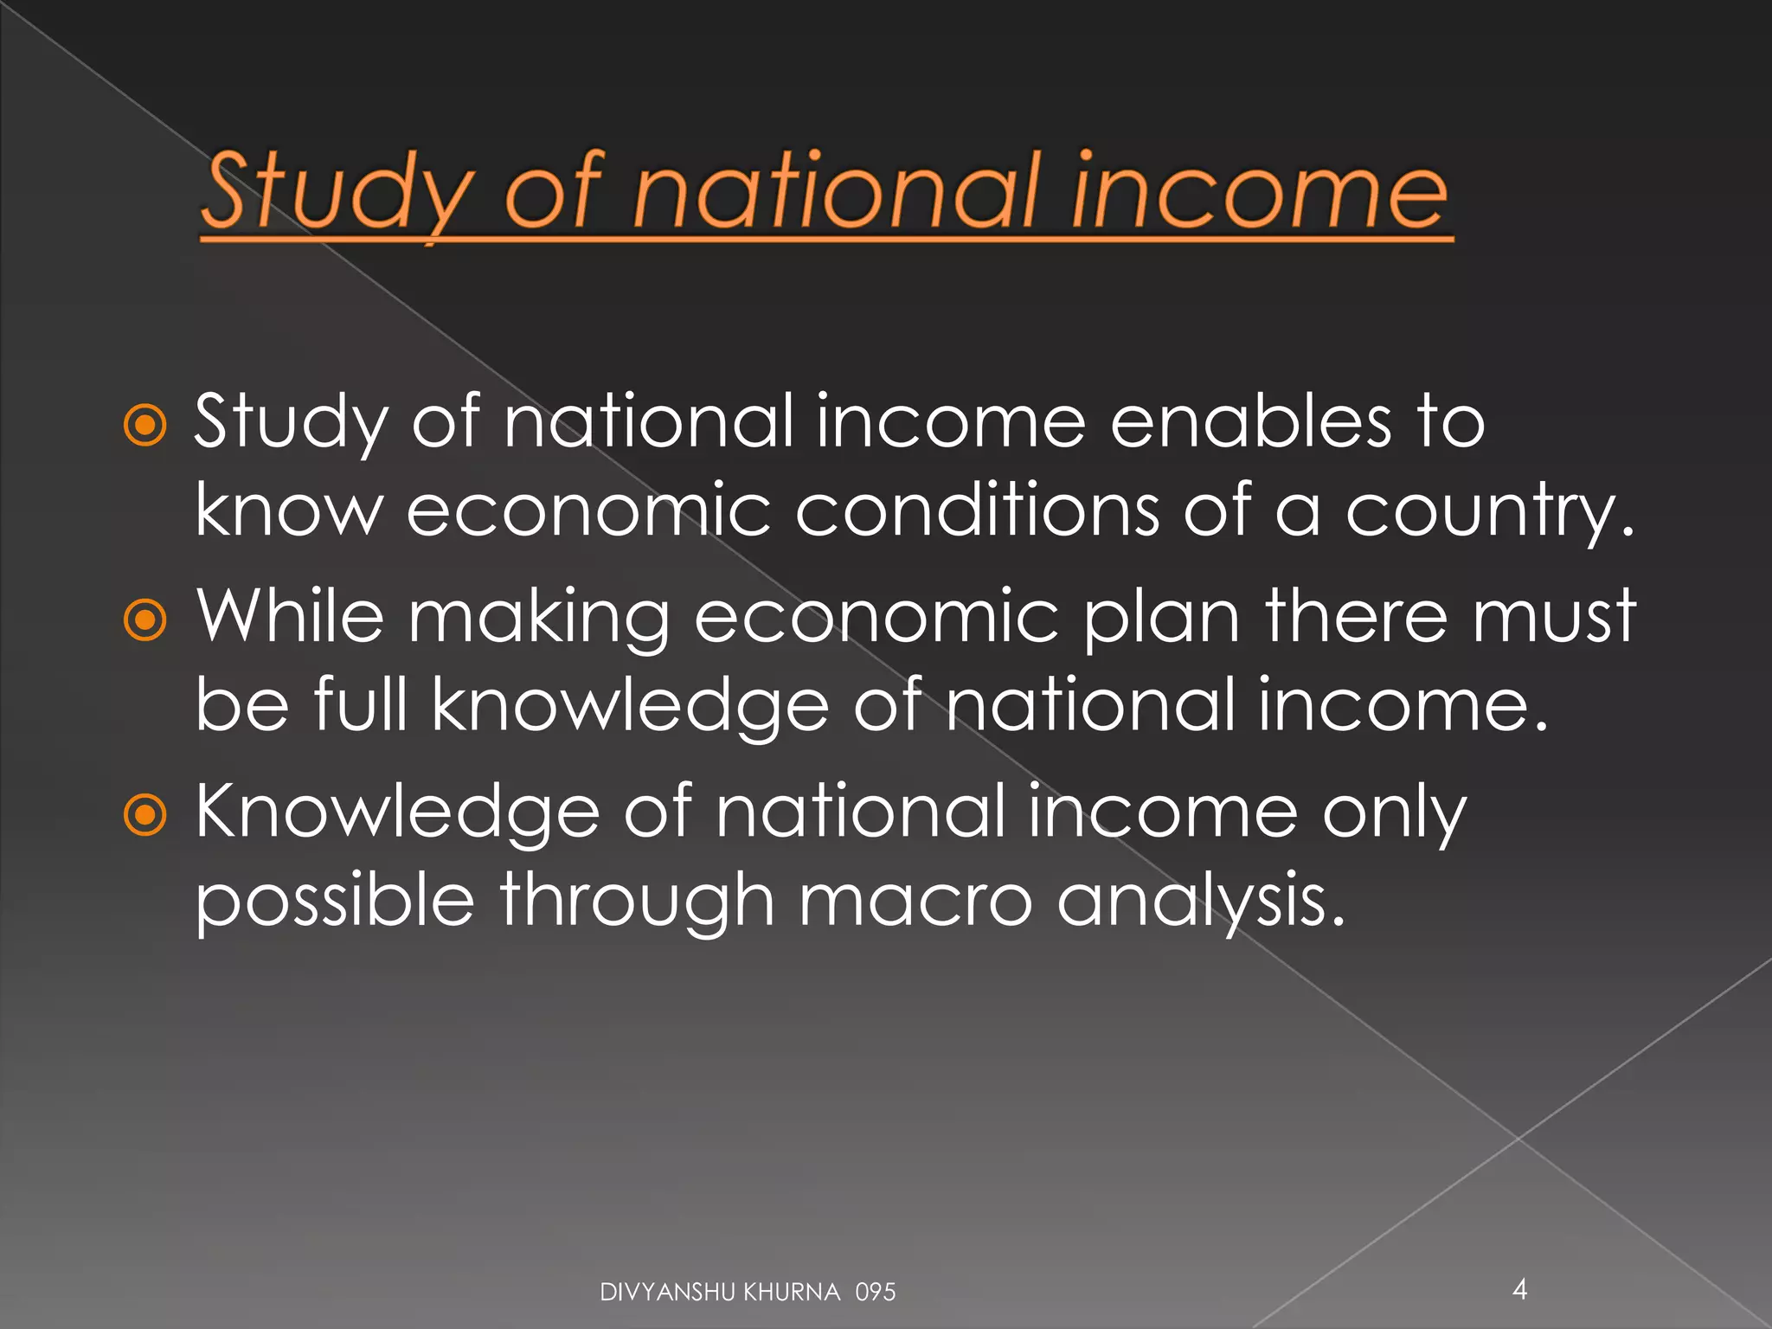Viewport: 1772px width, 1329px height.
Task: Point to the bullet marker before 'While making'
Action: tap(144, 620)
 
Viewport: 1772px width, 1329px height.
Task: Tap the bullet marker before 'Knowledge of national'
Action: tap(144, 814)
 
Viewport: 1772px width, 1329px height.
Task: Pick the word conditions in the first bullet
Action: tap(977, 510)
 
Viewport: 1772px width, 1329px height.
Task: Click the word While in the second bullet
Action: tap(290, 616)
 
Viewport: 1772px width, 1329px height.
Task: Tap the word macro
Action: tap(915, 900)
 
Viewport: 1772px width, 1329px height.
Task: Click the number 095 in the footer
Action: tap(875, 1293)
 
